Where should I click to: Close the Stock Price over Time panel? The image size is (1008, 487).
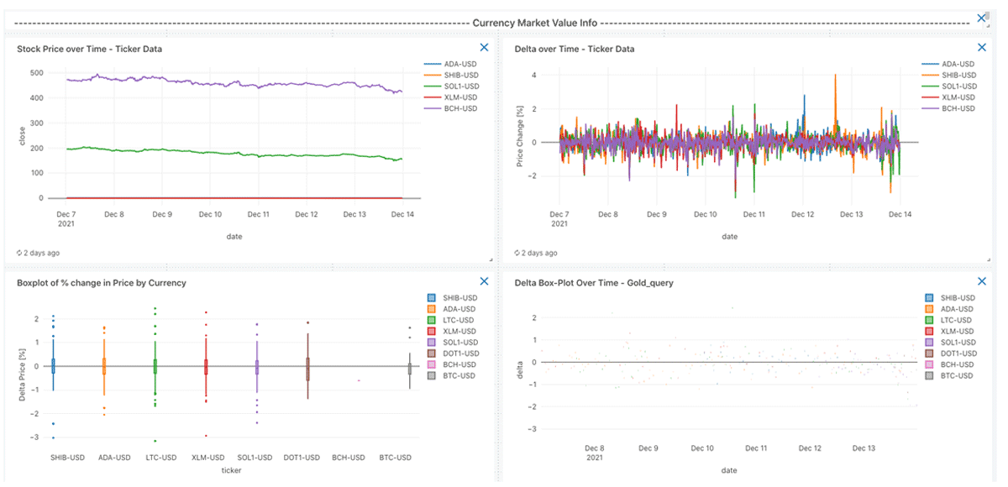click(x=484, y=49)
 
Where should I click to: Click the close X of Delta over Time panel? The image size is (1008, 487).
click(x=981, y=49)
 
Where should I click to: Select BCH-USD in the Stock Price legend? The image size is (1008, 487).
click(x=460, y=108)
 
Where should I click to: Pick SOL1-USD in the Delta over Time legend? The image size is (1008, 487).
click(x=958, y=86)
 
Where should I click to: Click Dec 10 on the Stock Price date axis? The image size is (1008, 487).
click(x=211, y=214)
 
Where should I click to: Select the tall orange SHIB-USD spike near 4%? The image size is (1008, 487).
click(x=835, y=76)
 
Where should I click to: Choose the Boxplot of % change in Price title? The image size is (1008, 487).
click(x=102, y=283)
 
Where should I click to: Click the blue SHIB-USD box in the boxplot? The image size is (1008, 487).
click(x=53, y=365)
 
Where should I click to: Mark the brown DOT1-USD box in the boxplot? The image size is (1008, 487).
click(x=307, y=369)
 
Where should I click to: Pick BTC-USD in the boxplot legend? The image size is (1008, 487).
click(x=459, y=375)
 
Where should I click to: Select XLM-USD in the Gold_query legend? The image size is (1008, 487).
click(x=956, y=332)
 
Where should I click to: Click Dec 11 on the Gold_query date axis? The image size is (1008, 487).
click(x=756, y=448)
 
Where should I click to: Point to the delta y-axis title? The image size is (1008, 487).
click(x=521, y=370)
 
